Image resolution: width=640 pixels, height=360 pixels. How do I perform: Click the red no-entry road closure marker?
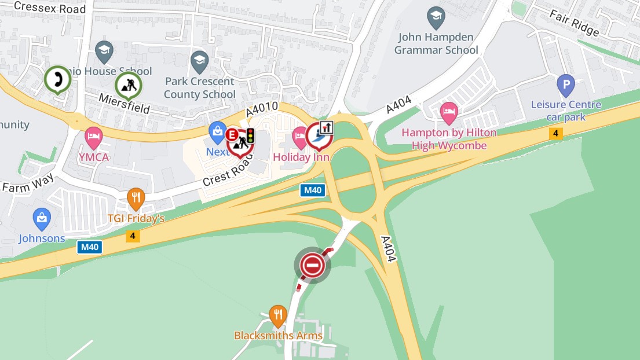[x=312, y=265]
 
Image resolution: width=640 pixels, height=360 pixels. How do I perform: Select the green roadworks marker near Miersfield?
[x=129, y=86]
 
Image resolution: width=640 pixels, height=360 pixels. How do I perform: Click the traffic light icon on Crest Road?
[x=250, y=135]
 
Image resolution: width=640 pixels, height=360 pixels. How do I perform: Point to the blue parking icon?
[x=566, y=86]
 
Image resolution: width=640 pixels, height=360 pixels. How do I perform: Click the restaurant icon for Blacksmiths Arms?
[x=278, y=315]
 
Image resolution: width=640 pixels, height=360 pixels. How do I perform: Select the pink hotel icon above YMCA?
[x=93, y=138]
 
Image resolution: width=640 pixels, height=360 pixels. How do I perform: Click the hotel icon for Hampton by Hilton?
[x=449, y=113]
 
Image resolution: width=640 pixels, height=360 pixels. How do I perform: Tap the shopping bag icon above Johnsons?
[x=42, y=219]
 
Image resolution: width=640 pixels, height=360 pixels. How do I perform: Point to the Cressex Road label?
[x=50, y=8]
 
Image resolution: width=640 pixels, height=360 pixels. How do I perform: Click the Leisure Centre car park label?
[x=566, y=111]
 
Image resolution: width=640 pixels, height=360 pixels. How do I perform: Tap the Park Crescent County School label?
[x=200, y=88]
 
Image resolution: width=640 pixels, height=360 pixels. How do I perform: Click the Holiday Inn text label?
[x=301, y=157]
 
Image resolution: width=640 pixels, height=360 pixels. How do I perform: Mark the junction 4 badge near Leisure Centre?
[x=556, y=134]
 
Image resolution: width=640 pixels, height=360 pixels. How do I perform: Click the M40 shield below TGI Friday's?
[x=90, y=247]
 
